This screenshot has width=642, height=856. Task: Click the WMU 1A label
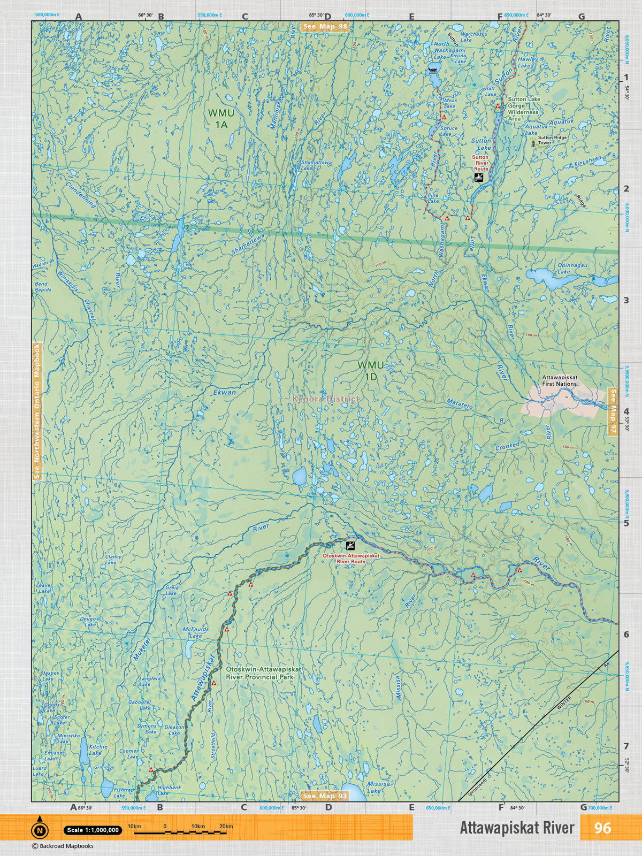[218, 119]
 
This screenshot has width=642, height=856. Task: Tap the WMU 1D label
[371, 371]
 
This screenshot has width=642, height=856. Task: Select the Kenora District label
[326, 399]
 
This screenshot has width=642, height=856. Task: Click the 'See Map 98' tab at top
[325, 27]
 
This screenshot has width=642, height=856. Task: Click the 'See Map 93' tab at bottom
[325, 796]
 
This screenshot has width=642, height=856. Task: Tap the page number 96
[602, 828]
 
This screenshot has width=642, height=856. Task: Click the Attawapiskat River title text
[517, 828]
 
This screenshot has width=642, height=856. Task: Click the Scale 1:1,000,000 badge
[93, 830]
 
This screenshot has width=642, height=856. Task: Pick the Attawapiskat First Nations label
[559, 380]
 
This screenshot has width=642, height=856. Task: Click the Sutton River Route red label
[480, 163]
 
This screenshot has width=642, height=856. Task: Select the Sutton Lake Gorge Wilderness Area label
[523, 109]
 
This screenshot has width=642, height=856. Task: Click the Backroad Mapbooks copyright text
[63, 846]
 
